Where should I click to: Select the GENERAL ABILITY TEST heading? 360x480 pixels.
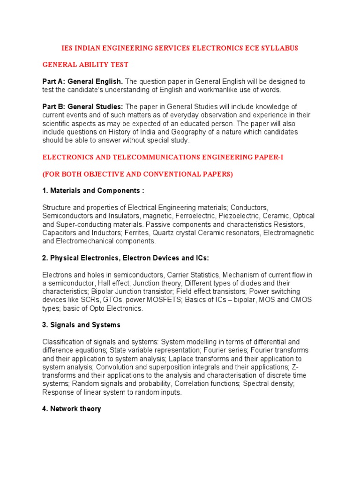[85, 64]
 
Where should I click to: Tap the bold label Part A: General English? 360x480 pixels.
[82, 82]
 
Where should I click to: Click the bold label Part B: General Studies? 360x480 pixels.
[83, 107]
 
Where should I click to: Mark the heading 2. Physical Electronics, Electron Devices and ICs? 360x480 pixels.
[126, 258]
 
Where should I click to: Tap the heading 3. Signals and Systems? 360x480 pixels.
[82, 325]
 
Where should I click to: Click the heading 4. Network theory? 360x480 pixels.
[72, 409]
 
